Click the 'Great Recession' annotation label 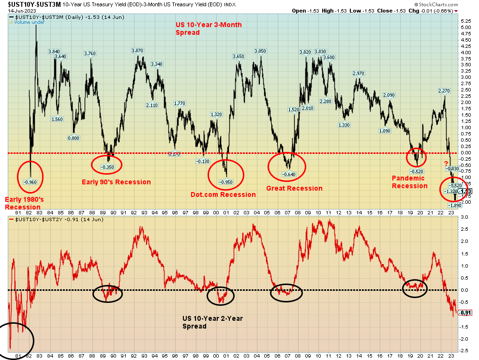294,188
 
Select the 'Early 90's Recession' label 116,182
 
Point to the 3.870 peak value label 138,51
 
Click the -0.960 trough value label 30,182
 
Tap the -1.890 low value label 455,205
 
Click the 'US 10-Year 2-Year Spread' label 212,322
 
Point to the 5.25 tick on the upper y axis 465,21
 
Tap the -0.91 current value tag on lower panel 465,313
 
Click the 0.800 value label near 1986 73,138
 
